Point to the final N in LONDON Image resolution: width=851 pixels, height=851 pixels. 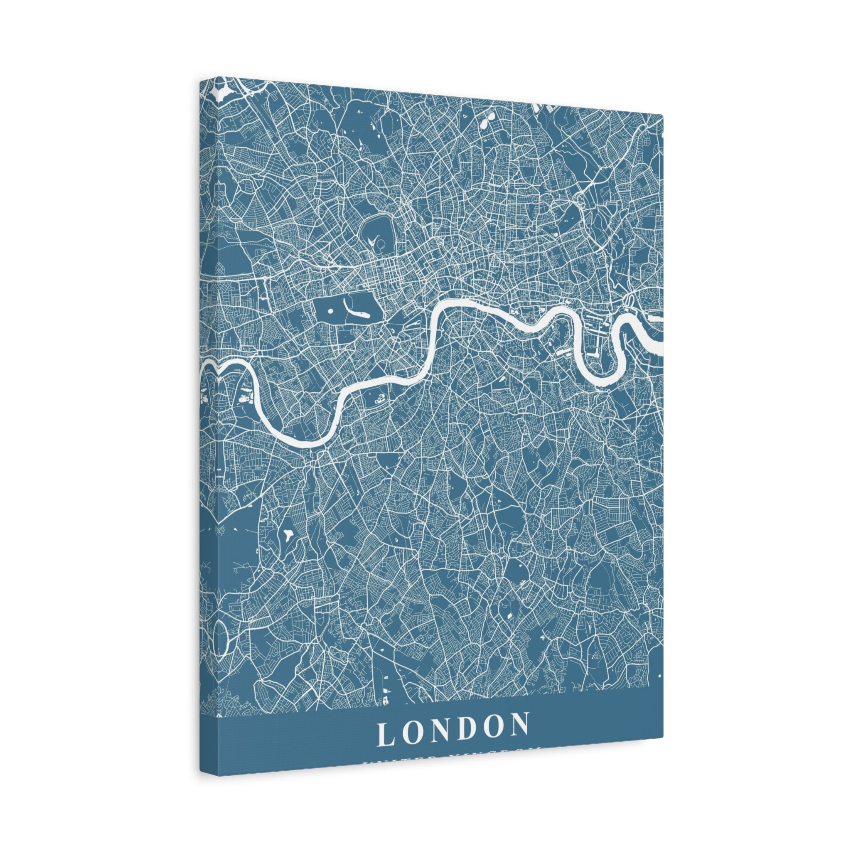(519, 725)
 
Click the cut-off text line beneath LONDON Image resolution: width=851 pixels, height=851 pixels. (452, 749)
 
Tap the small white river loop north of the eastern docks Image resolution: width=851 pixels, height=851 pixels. (629, 301)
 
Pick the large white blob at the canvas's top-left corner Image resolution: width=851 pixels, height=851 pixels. (221, 93)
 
